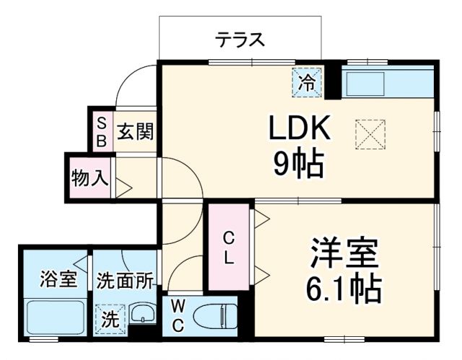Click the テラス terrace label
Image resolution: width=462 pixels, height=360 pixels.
[239, 40]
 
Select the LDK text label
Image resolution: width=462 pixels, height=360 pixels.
[299, 129]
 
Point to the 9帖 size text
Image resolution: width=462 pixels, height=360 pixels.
[298, 164]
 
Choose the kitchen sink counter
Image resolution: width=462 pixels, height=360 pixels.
[387, 84]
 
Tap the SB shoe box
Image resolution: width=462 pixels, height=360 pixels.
[102, 131]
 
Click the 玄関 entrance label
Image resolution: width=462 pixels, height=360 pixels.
[134, 132]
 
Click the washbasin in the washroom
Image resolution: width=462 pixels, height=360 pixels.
[144, 315]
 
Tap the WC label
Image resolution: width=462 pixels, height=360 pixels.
[178, 315]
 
